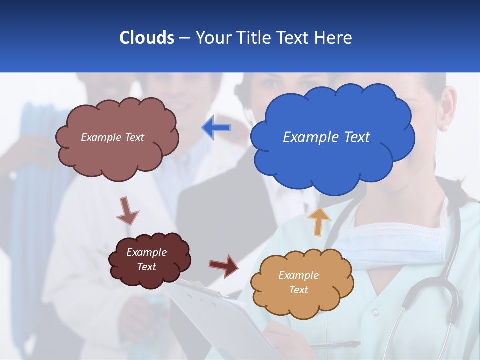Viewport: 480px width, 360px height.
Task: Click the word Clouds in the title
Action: pos(146,37)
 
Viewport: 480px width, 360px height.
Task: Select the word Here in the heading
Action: pos(333,37)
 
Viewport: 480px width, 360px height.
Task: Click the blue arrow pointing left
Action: pos(216,128)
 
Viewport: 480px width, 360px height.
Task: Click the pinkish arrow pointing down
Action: pos(127,210)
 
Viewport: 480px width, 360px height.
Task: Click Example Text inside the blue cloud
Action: pos(326,137)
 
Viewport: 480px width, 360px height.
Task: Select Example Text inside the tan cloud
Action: pos(298,282)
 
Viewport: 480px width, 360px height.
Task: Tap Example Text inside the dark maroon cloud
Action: pos(146,259)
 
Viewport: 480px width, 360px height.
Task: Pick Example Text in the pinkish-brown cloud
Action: pos(112,137)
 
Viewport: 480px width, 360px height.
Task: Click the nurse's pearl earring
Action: pos(443,128)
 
